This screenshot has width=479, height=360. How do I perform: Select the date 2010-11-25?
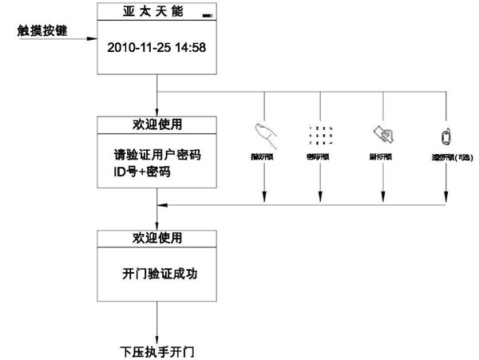click(137, 48)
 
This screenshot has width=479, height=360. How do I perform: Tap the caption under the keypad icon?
click(320, 157)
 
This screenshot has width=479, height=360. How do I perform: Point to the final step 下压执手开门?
click(157, 350)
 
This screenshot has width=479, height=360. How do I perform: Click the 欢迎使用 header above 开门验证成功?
click(156, 238)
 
